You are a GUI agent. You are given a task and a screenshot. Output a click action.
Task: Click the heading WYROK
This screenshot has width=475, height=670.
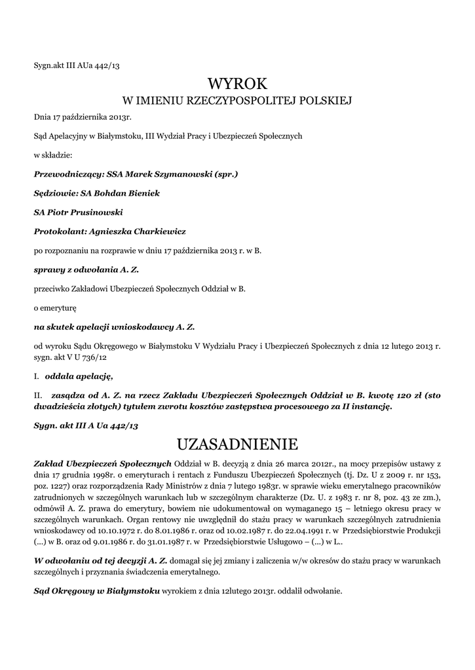pyautogui.click(x=238, y=84)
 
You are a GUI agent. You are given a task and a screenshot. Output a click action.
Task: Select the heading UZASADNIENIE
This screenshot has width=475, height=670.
pyautogui.click(x=237, y=446)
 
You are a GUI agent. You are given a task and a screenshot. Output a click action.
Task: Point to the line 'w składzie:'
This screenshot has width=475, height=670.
pyautogui.click(x=52, y=156)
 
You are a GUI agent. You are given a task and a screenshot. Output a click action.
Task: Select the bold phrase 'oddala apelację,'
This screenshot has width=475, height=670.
pyautogui.click(x=79, y=376)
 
